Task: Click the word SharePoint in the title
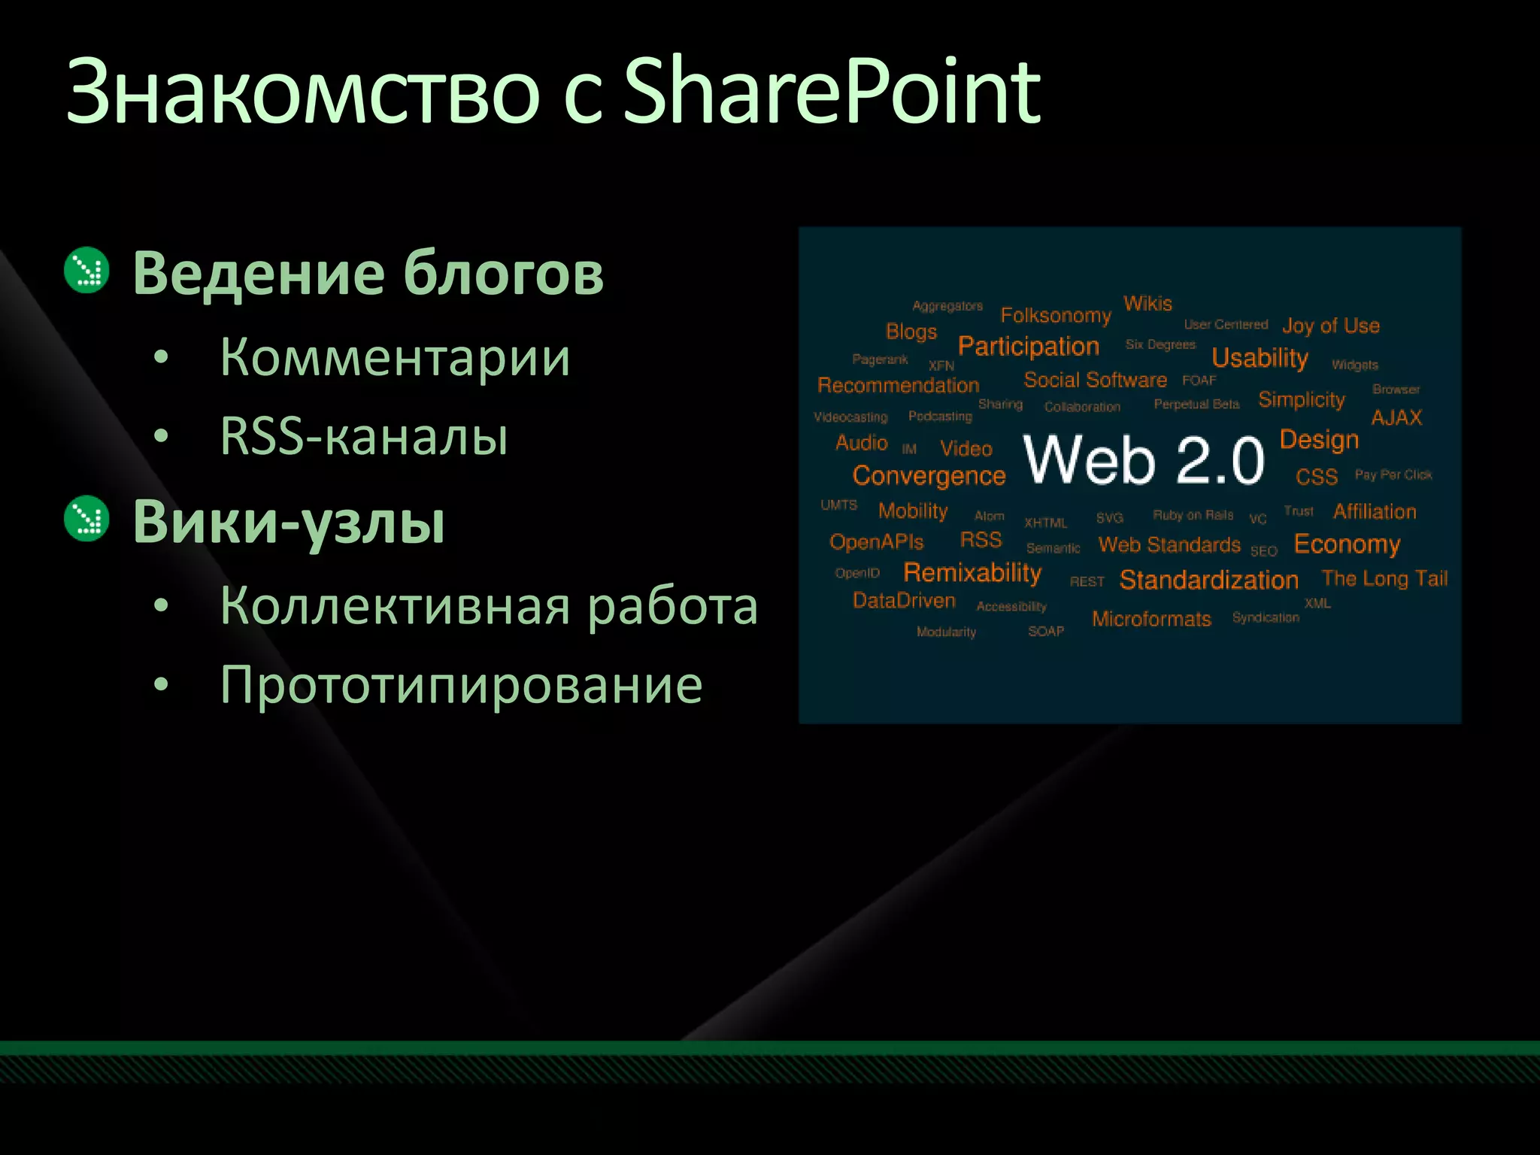tap(832, 94)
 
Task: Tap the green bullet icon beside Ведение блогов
tap(87, 270)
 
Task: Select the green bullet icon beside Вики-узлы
tap(87, 519)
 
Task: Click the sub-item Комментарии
tap(395, 357)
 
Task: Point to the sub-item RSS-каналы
tap(364, 436)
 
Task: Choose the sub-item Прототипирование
tap(461, 685)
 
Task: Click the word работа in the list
tap(672, 606)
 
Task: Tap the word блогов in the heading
tap(503, 272)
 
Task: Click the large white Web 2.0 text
tap(1144, 459)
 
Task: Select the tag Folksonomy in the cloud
tap(1056, 315)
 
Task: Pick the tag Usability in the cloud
tap(1260, 358)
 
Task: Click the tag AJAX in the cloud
tap(1396, 418)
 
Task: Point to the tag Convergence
tap(929, 476)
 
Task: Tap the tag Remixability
tap(972, 573)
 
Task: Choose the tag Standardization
tap(1208, 580)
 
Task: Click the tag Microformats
tap(1151, 619)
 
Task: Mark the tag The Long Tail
tap(1384, 578)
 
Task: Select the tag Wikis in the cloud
tap(1147, 303)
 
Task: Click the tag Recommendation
tap(898, 385)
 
